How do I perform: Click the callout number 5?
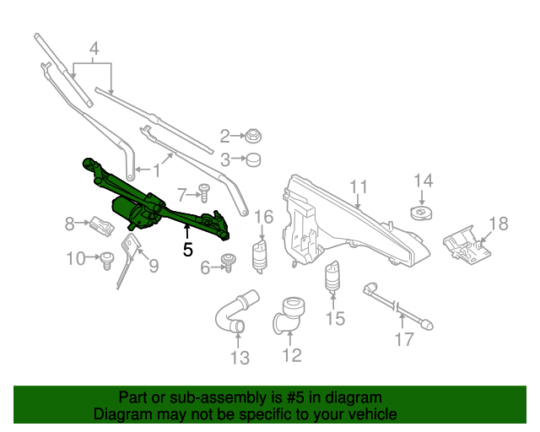(x=187, y=250)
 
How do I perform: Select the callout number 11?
(x=359, y=186)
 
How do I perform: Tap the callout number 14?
(x=423, y=181)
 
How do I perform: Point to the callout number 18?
(x=499, y=224)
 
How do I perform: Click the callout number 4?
(x=94, y=49)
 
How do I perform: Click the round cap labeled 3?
(x=251, y=159)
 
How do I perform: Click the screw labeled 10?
(x=107, y=260)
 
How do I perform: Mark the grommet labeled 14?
(x=419, y=211)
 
